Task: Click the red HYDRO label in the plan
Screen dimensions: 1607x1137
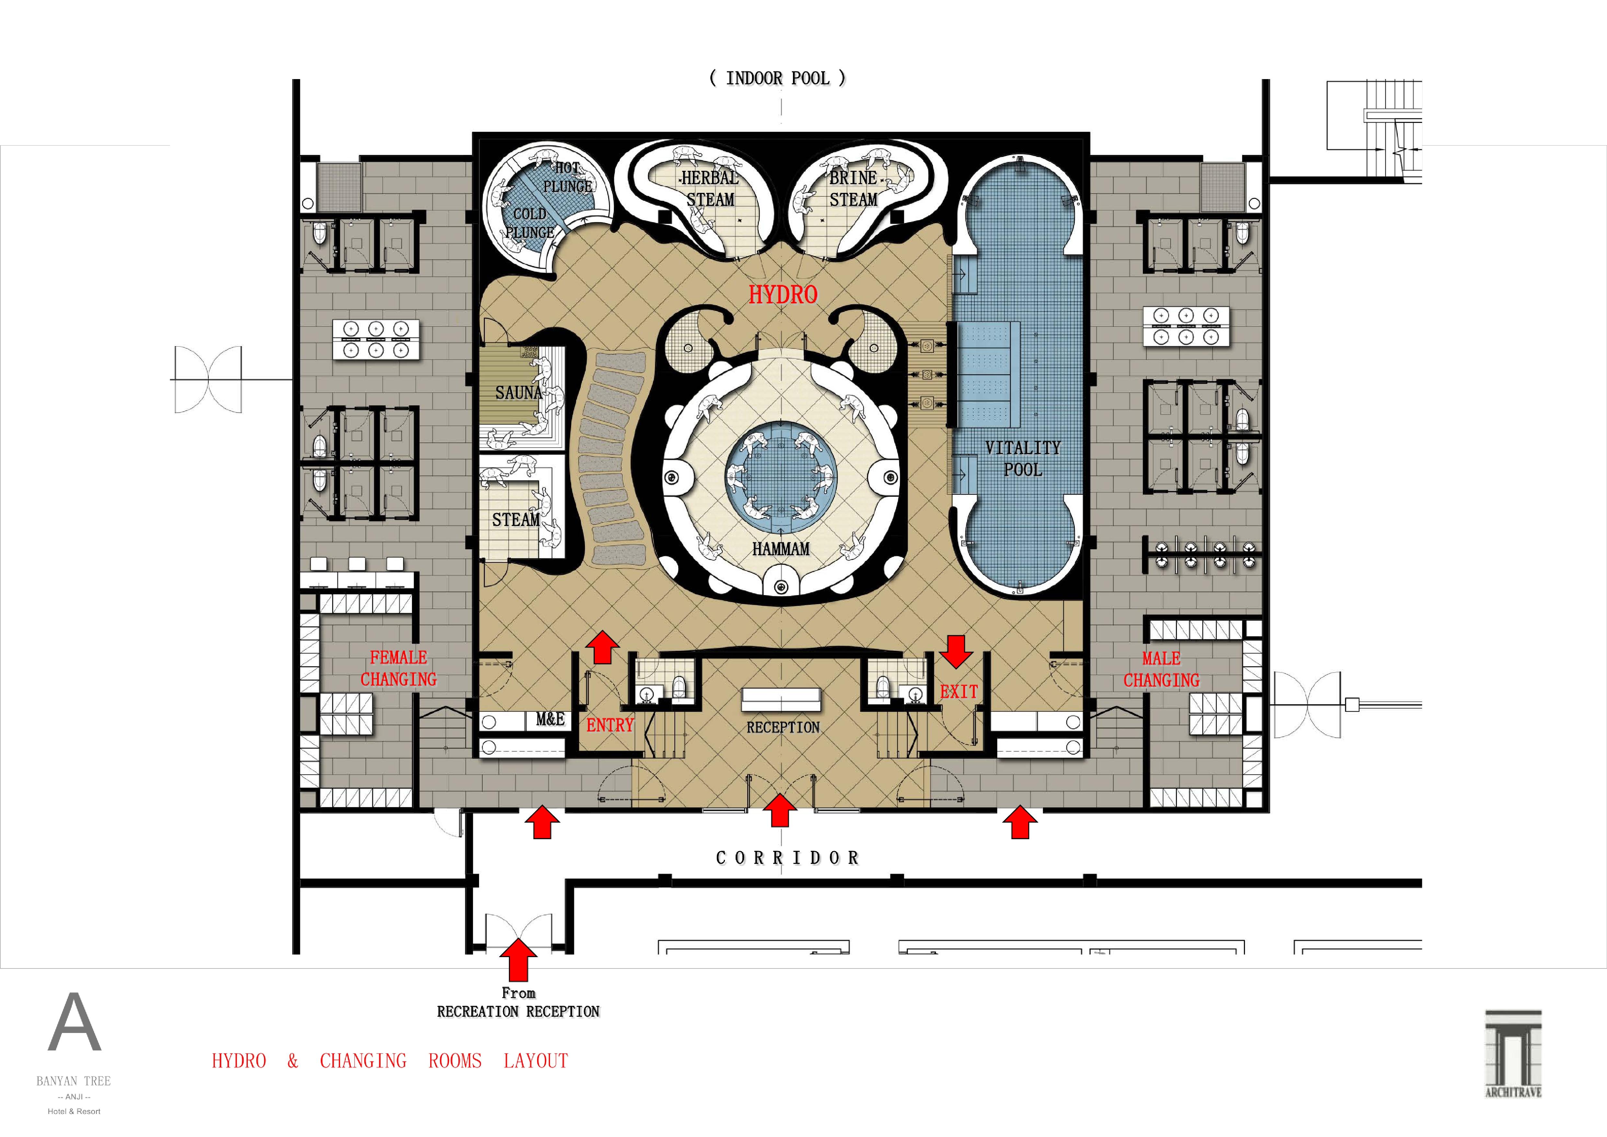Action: [x=783, y=295]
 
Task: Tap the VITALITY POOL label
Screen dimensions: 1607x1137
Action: [x=1023, y=459]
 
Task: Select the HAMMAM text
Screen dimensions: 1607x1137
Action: [x=780, y=549]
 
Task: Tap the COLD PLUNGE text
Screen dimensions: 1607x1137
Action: [x=530, y=223]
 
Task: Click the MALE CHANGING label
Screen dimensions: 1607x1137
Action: [x=1161, y=669]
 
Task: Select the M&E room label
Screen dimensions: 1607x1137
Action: [x=550, y=719]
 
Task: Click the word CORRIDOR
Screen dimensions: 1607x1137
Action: [x=787, y=858]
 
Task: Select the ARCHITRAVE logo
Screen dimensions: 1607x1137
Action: [x=1513, y=1054]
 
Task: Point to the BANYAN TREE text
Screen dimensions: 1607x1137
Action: [x=74, y=1081]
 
